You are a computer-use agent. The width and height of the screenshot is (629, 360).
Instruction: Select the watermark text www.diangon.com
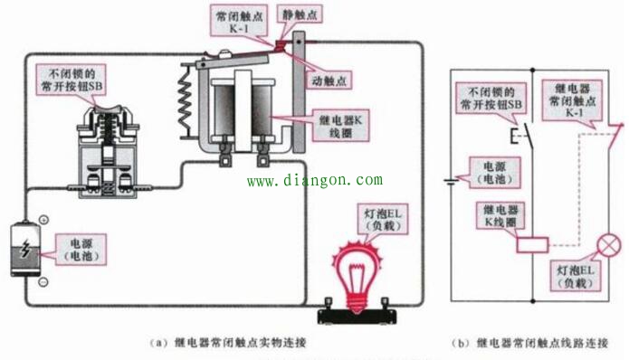coord(314,180)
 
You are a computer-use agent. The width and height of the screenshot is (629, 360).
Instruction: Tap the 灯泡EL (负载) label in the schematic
coord(574,277)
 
